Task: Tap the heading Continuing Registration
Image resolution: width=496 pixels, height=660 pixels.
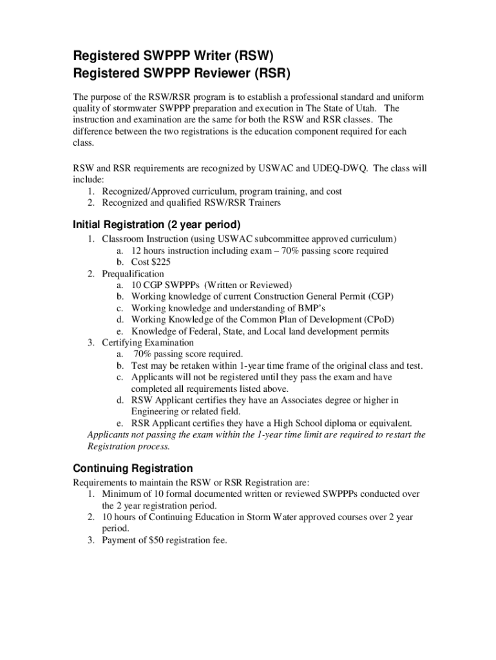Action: pyautogui.click(x=133, y=468)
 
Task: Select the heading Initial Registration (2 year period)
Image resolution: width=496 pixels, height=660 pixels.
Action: pyautogui.click(x=157, y=225)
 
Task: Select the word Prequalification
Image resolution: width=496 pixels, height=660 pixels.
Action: pyautogui.click(x=133, y=274)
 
